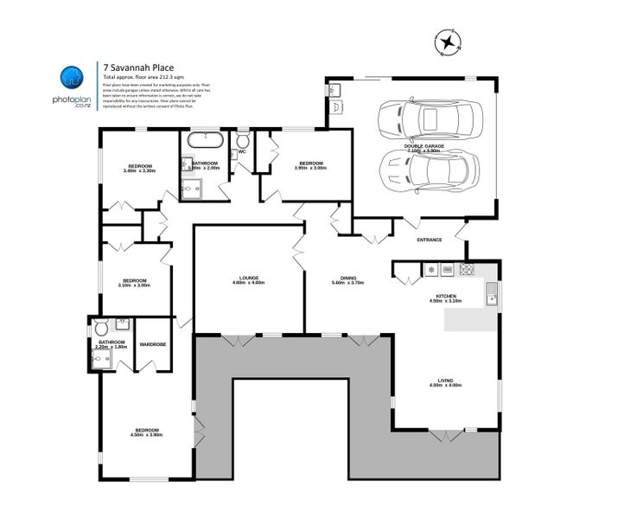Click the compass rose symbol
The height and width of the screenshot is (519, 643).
(x=448, y=42)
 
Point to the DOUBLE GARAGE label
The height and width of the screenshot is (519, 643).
(x=424, y=146)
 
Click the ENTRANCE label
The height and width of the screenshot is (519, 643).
(x=430, y=240)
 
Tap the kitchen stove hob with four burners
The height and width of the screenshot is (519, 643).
(x=468, y=270)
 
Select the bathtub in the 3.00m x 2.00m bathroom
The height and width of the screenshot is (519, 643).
(x=204, y=138)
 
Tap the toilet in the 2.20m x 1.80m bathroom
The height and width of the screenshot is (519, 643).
(x=102, y=327)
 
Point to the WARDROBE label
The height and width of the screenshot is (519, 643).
(x=152, y=344)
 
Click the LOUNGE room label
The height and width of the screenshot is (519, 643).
(x=248, y=279)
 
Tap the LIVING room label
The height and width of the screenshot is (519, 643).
(x=446, y=381)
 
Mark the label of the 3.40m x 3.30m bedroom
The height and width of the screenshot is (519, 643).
(x=139, y=166)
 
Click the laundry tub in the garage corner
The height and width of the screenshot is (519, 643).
(x=337, y=91)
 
